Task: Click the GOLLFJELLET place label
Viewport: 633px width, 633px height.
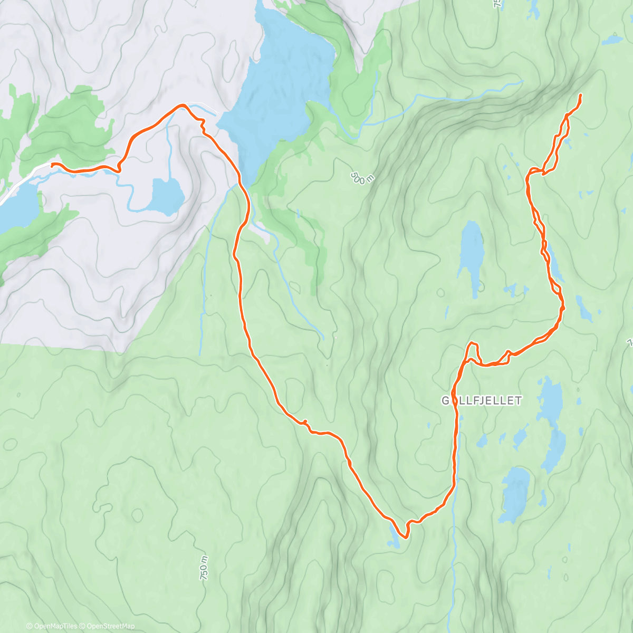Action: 482,401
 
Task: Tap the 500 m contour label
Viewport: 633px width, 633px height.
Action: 362,178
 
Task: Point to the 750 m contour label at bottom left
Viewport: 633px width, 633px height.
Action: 204,568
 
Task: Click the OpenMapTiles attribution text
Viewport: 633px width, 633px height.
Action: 52,626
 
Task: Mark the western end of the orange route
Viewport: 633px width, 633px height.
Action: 52,165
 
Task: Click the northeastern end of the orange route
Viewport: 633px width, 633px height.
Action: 581,95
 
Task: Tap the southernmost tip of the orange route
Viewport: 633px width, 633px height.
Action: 405,538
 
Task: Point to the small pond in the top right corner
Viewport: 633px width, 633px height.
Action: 612,40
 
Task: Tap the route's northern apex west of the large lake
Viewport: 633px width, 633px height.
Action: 182,106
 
